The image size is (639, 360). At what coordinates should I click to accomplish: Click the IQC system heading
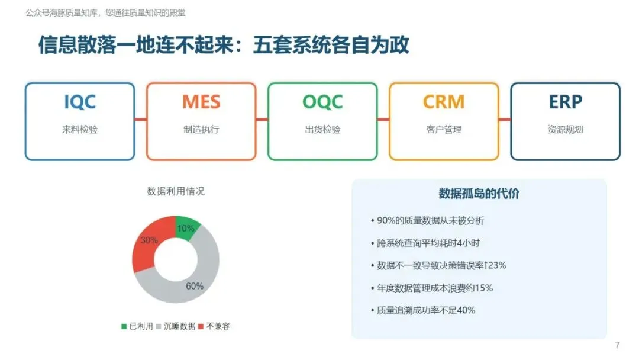click(80, 102)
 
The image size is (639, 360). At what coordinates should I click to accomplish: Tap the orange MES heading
click(201, 102)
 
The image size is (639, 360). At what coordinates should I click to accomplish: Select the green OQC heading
click(322, 102)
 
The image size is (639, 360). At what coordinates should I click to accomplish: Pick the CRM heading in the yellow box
click(444, 102)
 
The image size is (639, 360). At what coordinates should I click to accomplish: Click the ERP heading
click(565, 102)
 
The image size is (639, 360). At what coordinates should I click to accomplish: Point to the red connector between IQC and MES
click(141, 120)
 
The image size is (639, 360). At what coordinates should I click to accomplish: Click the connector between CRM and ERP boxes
click(505, 120)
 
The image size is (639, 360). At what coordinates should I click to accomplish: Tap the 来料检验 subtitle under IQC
click(80, 130)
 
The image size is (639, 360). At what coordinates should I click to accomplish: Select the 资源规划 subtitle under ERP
click(565, 130)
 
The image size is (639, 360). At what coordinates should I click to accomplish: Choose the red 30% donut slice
click(149, 242)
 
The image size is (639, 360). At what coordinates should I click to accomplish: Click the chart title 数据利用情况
click(176, 191)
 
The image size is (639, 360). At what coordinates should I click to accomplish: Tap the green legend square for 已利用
click(124, 327)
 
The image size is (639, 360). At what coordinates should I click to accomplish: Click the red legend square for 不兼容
click(201, 327)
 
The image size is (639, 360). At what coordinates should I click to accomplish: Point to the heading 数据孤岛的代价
click(479, 194)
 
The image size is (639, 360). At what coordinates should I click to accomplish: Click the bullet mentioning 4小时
click(425, 243)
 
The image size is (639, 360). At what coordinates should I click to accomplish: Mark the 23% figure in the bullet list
click(497, 265)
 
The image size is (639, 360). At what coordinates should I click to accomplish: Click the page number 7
click(617, 346)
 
